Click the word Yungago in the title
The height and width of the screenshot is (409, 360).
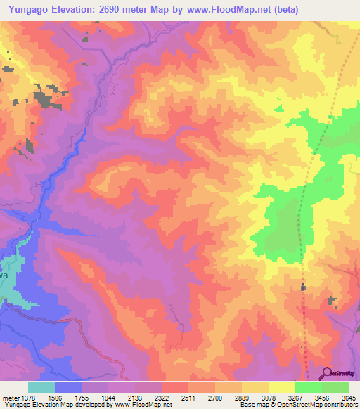(x=32, y=10)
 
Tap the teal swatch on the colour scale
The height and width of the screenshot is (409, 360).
(x=41, y=387)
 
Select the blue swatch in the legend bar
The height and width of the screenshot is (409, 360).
(x=68, y=387)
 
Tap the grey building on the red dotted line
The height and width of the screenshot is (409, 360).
(x=304, y=287)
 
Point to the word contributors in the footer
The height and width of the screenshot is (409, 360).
(x=340, y=405)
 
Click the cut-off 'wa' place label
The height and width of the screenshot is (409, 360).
(x=4, y=275)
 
